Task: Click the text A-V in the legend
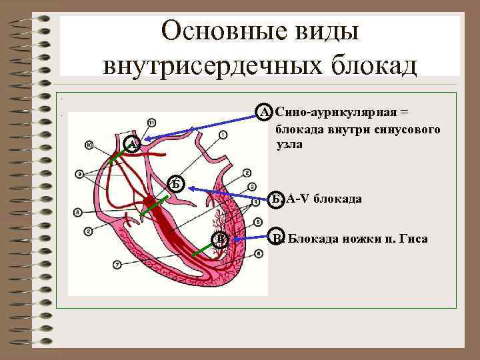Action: pyautogui.click(x=298, y=199)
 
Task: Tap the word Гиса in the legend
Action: pyautogui.click(x=413, y=238)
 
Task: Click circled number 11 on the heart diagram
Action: pyautogui.click(x=152, y=123)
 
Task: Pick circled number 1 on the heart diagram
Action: pyautogui.click(x=222, y=135)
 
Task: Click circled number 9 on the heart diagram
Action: pyautogui.click(x=81, y=174)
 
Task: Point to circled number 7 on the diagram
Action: pyautogui.click(x=117, y=265)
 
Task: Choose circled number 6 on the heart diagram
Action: pyautogui.click(x=258, y=254)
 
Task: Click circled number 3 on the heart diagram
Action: pyautogui.click(x=251, y=186)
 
